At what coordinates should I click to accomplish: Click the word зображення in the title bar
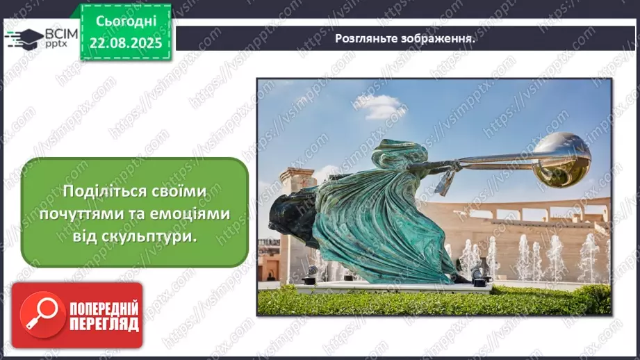coord(437,39)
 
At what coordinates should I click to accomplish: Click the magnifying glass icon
coord(42,314)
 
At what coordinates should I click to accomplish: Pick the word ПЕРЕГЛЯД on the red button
coord(104,323)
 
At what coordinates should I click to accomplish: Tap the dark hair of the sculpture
coord(288,215)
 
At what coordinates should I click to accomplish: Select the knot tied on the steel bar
coord(445,173)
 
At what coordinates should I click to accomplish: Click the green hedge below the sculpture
coord(431,300)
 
